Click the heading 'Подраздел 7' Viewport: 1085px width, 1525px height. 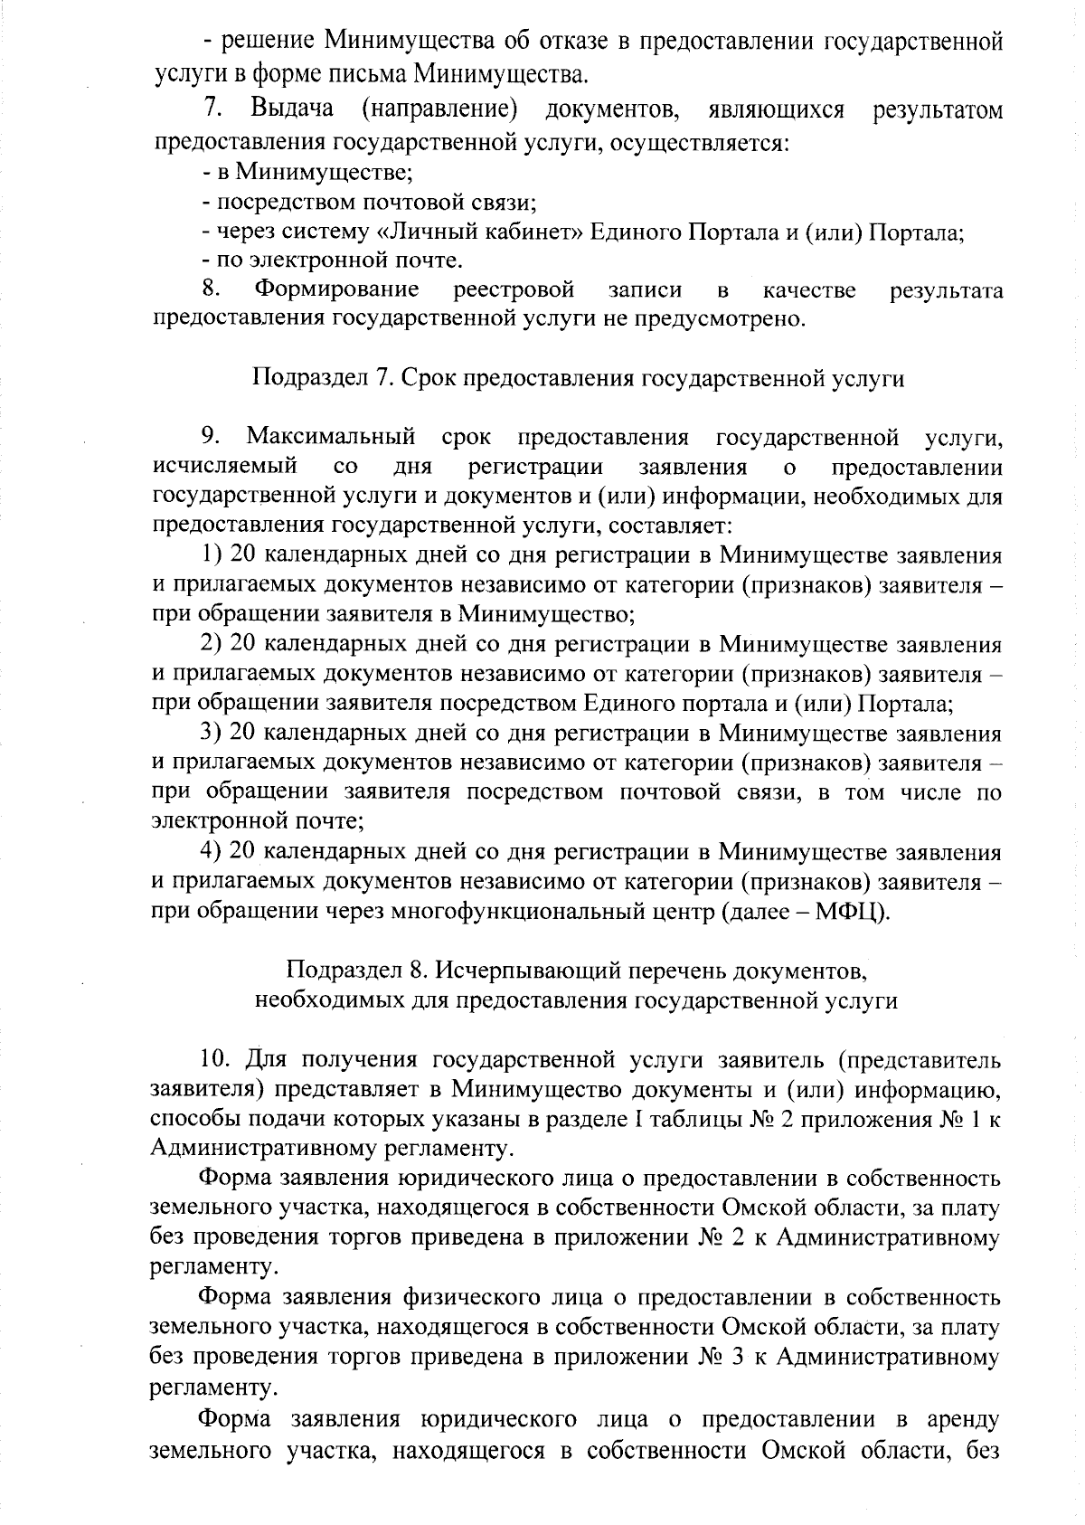[578, 378]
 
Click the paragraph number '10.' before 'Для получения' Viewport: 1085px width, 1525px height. [216, 1059]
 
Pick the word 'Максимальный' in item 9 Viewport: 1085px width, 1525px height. [331, 438]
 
